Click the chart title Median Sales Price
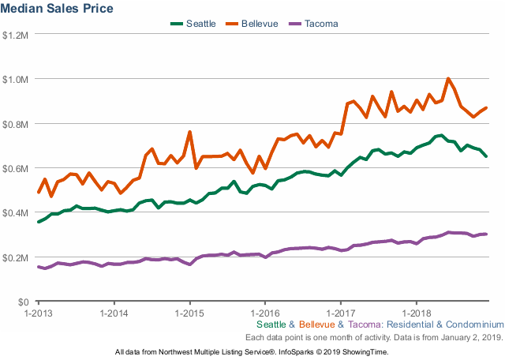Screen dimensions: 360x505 pyautogui.click(x=58, y=9)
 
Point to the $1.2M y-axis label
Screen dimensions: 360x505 pyautogui.click(x=16, y=35)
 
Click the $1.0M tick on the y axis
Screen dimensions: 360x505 pyautogui.click(x=16, y=79)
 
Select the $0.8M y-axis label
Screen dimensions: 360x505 pyautogui.click(x=16, y=124)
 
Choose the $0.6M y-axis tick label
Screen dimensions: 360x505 pyautogui.click(x=16, y=168)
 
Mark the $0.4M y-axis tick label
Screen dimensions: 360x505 pyautogui.click(x=16, y=213)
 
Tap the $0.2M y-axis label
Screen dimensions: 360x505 pyautogui.click(x=16, y=257)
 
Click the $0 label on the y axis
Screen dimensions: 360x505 pyautogui.click(x=23, y=302)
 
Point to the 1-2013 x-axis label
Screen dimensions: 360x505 pyautogui.click(x=39, y=313)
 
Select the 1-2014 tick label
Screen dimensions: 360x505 pyautogui.click(x=114, y=313)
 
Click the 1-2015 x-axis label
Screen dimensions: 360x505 pyautogui.click(x=189, y=313)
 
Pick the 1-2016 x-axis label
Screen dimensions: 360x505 pyautogui.click(x=265, y=313)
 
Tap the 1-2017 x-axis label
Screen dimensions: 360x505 pyautogui.click(x=340, y=313)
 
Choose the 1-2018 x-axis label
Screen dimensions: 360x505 pyautogui.click(x=416, y=313)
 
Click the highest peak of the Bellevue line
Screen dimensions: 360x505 pyautogui.click(x=448, y=78)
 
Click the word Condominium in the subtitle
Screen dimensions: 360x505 pyautogui.click(x=473, y=324)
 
